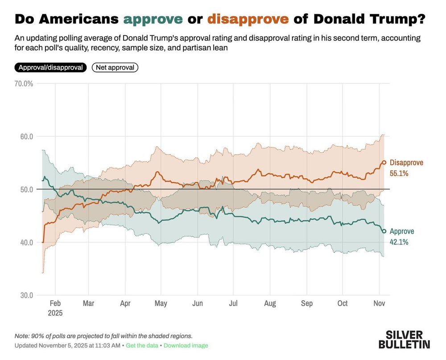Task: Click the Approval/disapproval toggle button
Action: [x=50, y=68]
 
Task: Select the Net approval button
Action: [x=115, y=68]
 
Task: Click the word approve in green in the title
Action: [x=153, y=19]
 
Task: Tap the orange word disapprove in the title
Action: [x=248, y=19]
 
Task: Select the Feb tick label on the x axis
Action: [x=55, y=303]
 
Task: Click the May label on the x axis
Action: [x=161, y=303]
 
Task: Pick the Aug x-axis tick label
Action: [x=269, y=303]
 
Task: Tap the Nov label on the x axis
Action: [x=379, y=303]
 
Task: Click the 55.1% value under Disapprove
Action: [x=399, y=173]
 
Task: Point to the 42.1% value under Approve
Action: [x=399, y=242]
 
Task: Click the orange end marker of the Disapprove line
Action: [x=384, y=163]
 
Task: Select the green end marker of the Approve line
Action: [x=384, y=231]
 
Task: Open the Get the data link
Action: [x=142, y=346]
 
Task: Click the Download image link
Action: [x=186, y=346]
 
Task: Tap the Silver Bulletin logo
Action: [x=404, y=339]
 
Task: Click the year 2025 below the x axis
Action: [x=55, y=313]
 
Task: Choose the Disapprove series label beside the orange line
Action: [x=406, y=163]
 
